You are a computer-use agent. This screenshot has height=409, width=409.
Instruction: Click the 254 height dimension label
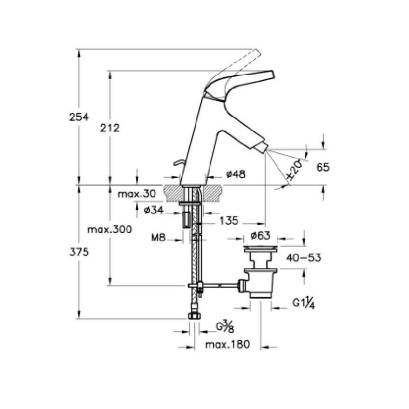click(79, 117)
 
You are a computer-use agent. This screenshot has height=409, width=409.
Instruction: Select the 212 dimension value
click(109, 128)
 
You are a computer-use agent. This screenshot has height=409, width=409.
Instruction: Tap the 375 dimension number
click(79, 252)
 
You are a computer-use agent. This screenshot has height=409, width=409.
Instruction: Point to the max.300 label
click(109, 230)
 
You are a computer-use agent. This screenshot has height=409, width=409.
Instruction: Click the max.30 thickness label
click(137, 194)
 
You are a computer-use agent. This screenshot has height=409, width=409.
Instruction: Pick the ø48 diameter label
click(236, 174)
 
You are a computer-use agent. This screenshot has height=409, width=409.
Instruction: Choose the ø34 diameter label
click(154, 210)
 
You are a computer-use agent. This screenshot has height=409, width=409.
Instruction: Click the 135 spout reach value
click(229, 221)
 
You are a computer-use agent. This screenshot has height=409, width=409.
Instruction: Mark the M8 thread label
click(158, 238)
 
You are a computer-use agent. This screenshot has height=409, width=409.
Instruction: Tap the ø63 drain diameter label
click(260, 236)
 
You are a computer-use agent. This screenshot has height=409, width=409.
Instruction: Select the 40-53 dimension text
click(304, 258)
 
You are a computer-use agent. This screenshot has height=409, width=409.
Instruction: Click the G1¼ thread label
click(304, 303)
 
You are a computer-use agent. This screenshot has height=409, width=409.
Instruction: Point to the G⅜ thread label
click(225, 327)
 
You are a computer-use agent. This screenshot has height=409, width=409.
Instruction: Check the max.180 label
click(228, 344)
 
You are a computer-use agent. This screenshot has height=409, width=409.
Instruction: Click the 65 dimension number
click(323, 167)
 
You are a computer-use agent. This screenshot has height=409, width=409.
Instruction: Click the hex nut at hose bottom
click(194, 316)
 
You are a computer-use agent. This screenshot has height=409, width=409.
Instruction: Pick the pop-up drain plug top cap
click(260, 249)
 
